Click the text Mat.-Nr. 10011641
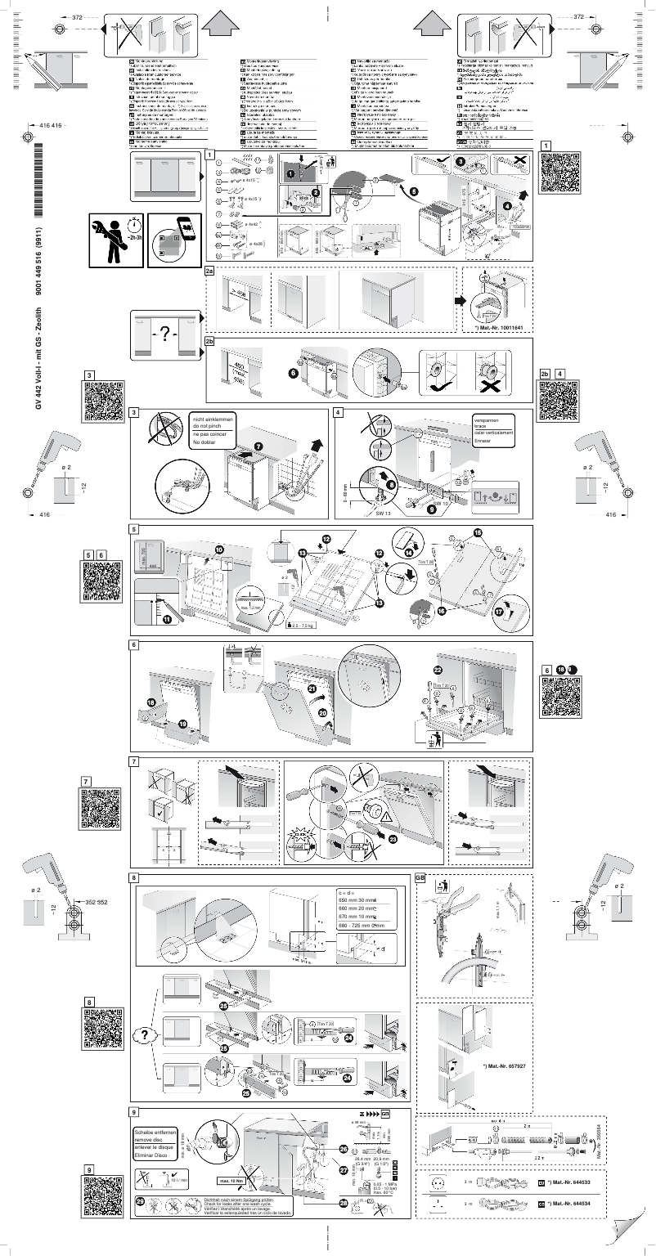click(x=502, y=327)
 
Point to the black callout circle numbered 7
click(x=258, y=446)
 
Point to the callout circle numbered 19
click(x=182, y=724)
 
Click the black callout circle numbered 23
click(x=397, y=837)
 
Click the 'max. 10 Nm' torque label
click(x=230, y=1181)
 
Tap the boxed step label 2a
click(x=209, y=269)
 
